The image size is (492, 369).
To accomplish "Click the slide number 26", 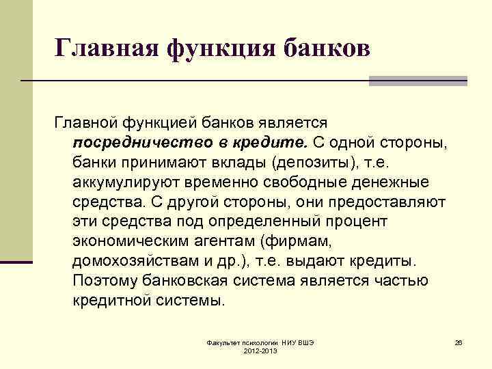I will click(459, 341).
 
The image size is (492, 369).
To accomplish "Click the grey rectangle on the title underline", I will click(418, 81).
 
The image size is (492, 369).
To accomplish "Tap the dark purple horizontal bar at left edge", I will click(16, 262).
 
